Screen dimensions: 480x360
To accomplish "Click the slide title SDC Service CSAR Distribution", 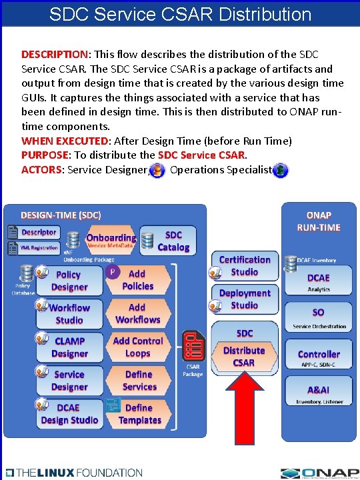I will [x=180, y=13].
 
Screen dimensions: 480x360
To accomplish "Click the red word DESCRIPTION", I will [x=55, y=54].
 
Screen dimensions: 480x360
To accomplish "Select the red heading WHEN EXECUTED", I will [x=65, y=141].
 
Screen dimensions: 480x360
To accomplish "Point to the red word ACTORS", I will [x=41, y=170].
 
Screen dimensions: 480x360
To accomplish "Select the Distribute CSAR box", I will [x=244, y=357].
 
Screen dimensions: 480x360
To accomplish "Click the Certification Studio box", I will [x=244, y=266].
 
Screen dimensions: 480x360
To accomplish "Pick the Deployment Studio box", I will [x=244, y=299].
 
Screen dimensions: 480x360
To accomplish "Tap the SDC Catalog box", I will [x=173, y=241].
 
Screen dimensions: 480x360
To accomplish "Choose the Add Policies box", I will [x=137, y=280].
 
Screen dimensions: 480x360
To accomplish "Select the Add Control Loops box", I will [x=137, y=347].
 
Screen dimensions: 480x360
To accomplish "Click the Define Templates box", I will [x=139, y=414].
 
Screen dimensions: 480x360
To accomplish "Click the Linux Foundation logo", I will [x=74, y=472].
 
